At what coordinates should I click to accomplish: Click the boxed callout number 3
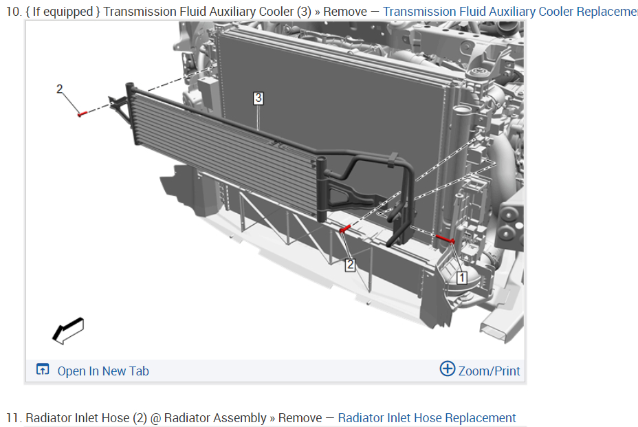(x=258, y=98)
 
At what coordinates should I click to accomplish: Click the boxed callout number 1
(x=461, y=278)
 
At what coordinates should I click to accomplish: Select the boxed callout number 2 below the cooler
(x=350, y=265)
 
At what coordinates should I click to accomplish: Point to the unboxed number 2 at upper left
(x=59, y=89)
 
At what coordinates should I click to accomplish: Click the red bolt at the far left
(x=82, y=113)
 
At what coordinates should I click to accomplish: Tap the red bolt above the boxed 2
(x=344, y=229)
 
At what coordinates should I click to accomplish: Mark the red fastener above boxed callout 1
(x=445, y=239)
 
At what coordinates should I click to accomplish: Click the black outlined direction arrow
(x=67, y=331)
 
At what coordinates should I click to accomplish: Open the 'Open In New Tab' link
(x=103, y=371)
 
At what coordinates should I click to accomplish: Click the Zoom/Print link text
(x=489, y=371)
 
